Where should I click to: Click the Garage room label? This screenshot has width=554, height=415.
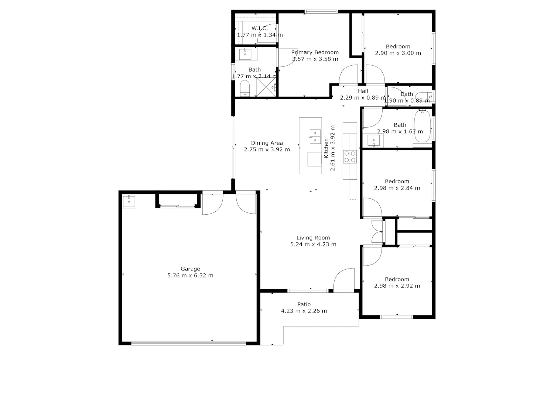coord(190,269)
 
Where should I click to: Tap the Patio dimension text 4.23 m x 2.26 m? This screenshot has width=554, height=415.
coord(304,311)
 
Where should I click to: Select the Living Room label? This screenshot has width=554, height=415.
coord(313,238)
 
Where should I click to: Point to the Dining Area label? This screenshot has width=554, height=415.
coord(267,143)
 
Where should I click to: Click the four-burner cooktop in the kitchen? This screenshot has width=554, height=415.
coord(350,156)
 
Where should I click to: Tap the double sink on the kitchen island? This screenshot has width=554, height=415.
coord(315,136)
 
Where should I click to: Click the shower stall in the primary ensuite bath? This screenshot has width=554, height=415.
coord(266,87)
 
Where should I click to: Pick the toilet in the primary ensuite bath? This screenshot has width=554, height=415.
coord(244,88)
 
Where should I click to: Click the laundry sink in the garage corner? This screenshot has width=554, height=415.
coord(129,201)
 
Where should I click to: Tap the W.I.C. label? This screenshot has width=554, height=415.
coord(260,28)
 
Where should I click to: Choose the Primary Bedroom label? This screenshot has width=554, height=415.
coord(315,52)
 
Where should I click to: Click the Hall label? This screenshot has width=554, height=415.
coord(363,91)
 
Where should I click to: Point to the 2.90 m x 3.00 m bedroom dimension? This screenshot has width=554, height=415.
coord(398,53)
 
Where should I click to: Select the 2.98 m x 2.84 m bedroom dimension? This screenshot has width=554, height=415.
coord(397,188)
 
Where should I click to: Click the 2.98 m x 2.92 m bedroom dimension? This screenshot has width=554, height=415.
coord(397,286)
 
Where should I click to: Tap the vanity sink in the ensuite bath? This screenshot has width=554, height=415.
coord(245,54)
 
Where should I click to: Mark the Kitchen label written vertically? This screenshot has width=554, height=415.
coord(326,148)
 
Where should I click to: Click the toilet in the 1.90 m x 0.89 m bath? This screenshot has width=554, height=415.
coord(424,96)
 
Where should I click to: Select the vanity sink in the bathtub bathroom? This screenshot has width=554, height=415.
coord(373,140)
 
